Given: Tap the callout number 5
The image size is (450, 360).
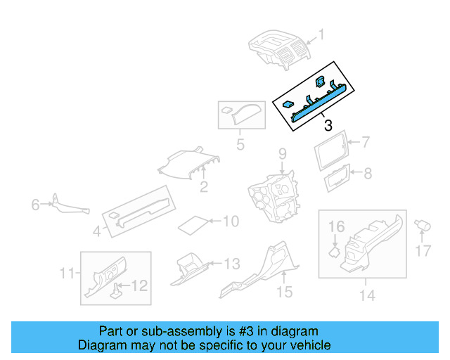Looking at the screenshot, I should [x=240, y=146].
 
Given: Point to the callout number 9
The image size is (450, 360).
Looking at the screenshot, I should [x=281, y=153].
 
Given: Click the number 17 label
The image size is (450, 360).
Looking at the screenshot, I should [x=422, y=250].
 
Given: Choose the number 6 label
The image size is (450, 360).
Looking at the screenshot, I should [x=34, y=205].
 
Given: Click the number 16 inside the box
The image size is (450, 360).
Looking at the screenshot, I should [x=337, y=226].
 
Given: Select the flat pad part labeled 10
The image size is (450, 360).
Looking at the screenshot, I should [x=193, y=225].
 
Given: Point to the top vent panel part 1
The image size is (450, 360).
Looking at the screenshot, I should [x=279, y=49].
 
